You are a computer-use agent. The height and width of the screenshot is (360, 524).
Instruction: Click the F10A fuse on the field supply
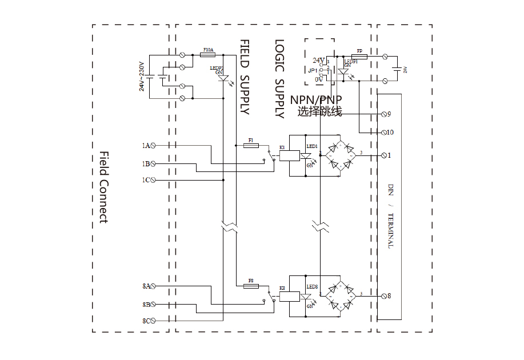pyautogui.click(x=208, y=55)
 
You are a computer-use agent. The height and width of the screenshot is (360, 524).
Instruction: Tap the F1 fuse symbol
pyautogui.click(x=251, y=146)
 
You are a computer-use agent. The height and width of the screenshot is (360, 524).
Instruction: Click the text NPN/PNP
pyautogui.click(x=316, y=100)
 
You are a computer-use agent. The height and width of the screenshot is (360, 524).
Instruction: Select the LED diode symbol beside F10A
pyautogui.click(x=225, y=77)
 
